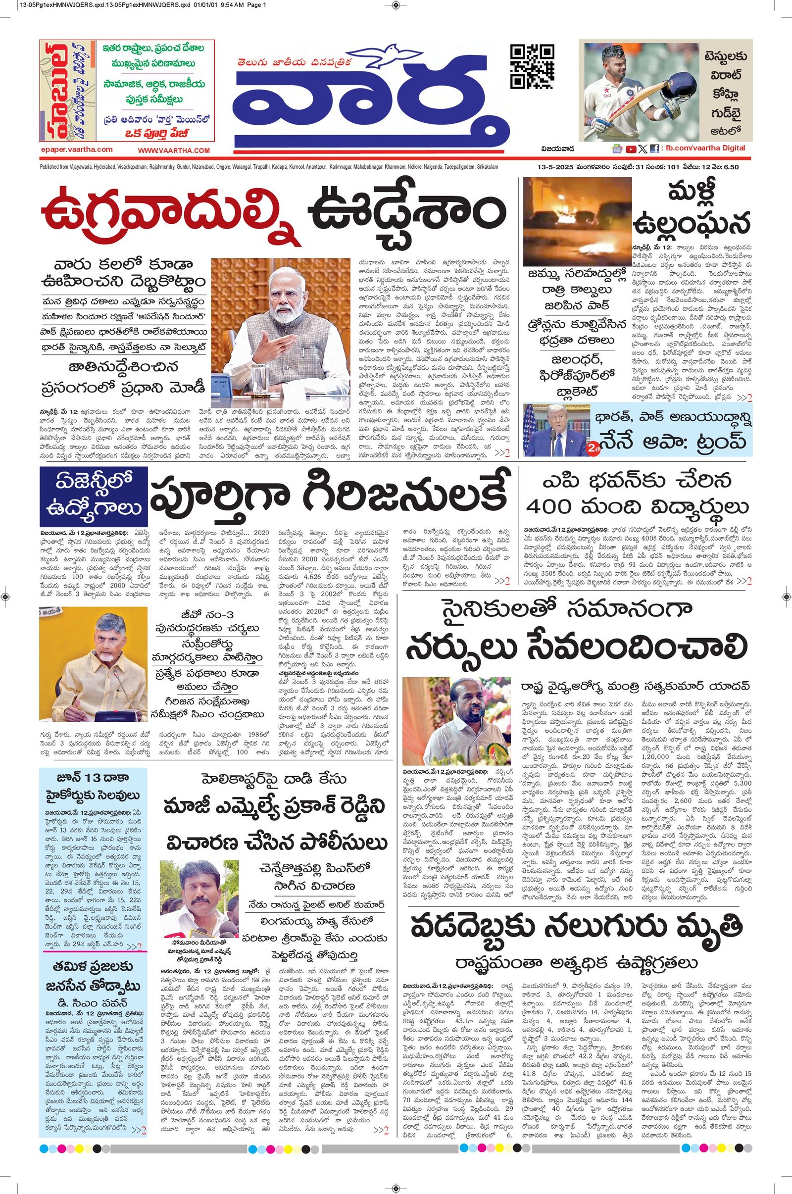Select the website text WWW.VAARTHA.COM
pyautogui.click(x=173, y=150)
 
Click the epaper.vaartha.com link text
pyautogui.click(x=77, y=149)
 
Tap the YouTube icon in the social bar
pyautogui.click(x=630, y=149)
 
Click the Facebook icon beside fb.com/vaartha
pyautogui.click(x=654, y=149)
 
